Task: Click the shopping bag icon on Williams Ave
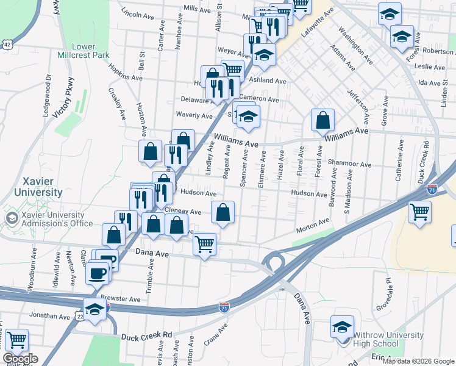pyautogui.click(x=322, y=121)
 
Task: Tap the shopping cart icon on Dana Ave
pyautogui.click(x=204, y=244)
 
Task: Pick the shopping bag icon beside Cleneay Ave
pyautogui.click(x=224, y=212)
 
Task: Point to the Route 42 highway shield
pyautogui.click(x=7, y=44)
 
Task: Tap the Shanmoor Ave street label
pyautogui.click(x=349, y=164)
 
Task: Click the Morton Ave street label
pyautogui.click(x=313, y=226)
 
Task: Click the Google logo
pyautogui.click(x=20, y=359)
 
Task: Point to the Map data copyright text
pyautogui.click(x=418, y=361)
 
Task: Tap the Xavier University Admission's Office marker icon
pyautogui.click(x=11, y=218)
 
